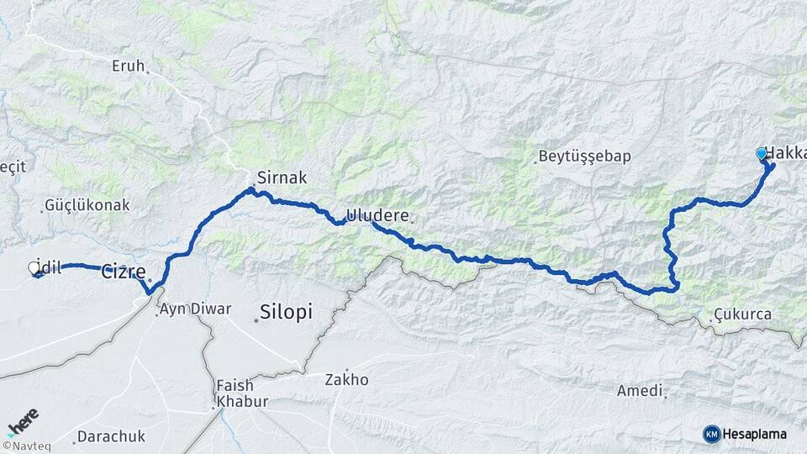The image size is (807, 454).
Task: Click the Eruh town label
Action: [x=128, y=66]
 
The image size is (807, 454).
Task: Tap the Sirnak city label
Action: [x=283, y=178]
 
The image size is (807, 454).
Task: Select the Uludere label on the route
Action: [x=377, y=216]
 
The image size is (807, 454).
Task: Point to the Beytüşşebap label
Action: [x=584, y=156]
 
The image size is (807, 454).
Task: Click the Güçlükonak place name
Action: [x=87, y=204]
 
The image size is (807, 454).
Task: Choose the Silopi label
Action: [x=286, y=312]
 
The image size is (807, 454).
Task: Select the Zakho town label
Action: [x=346, y=379]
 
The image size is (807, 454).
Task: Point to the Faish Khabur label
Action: [x=241, y=393]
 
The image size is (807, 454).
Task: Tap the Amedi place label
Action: [x=640, y=391]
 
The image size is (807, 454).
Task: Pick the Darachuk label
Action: [x=111, y=436]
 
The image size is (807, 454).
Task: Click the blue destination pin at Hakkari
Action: [x=762, y=154]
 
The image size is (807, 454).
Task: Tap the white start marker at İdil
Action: [x=34, y=268]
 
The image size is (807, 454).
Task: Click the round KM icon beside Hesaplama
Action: [x=711, y=434]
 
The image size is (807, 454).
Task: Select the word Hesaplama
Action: [x=754, y=434]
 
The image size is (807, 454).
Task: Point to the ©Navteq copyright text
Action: [x=26, y=446]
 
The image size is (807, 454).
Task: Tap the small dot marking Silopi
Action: [x=256, y=319]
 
